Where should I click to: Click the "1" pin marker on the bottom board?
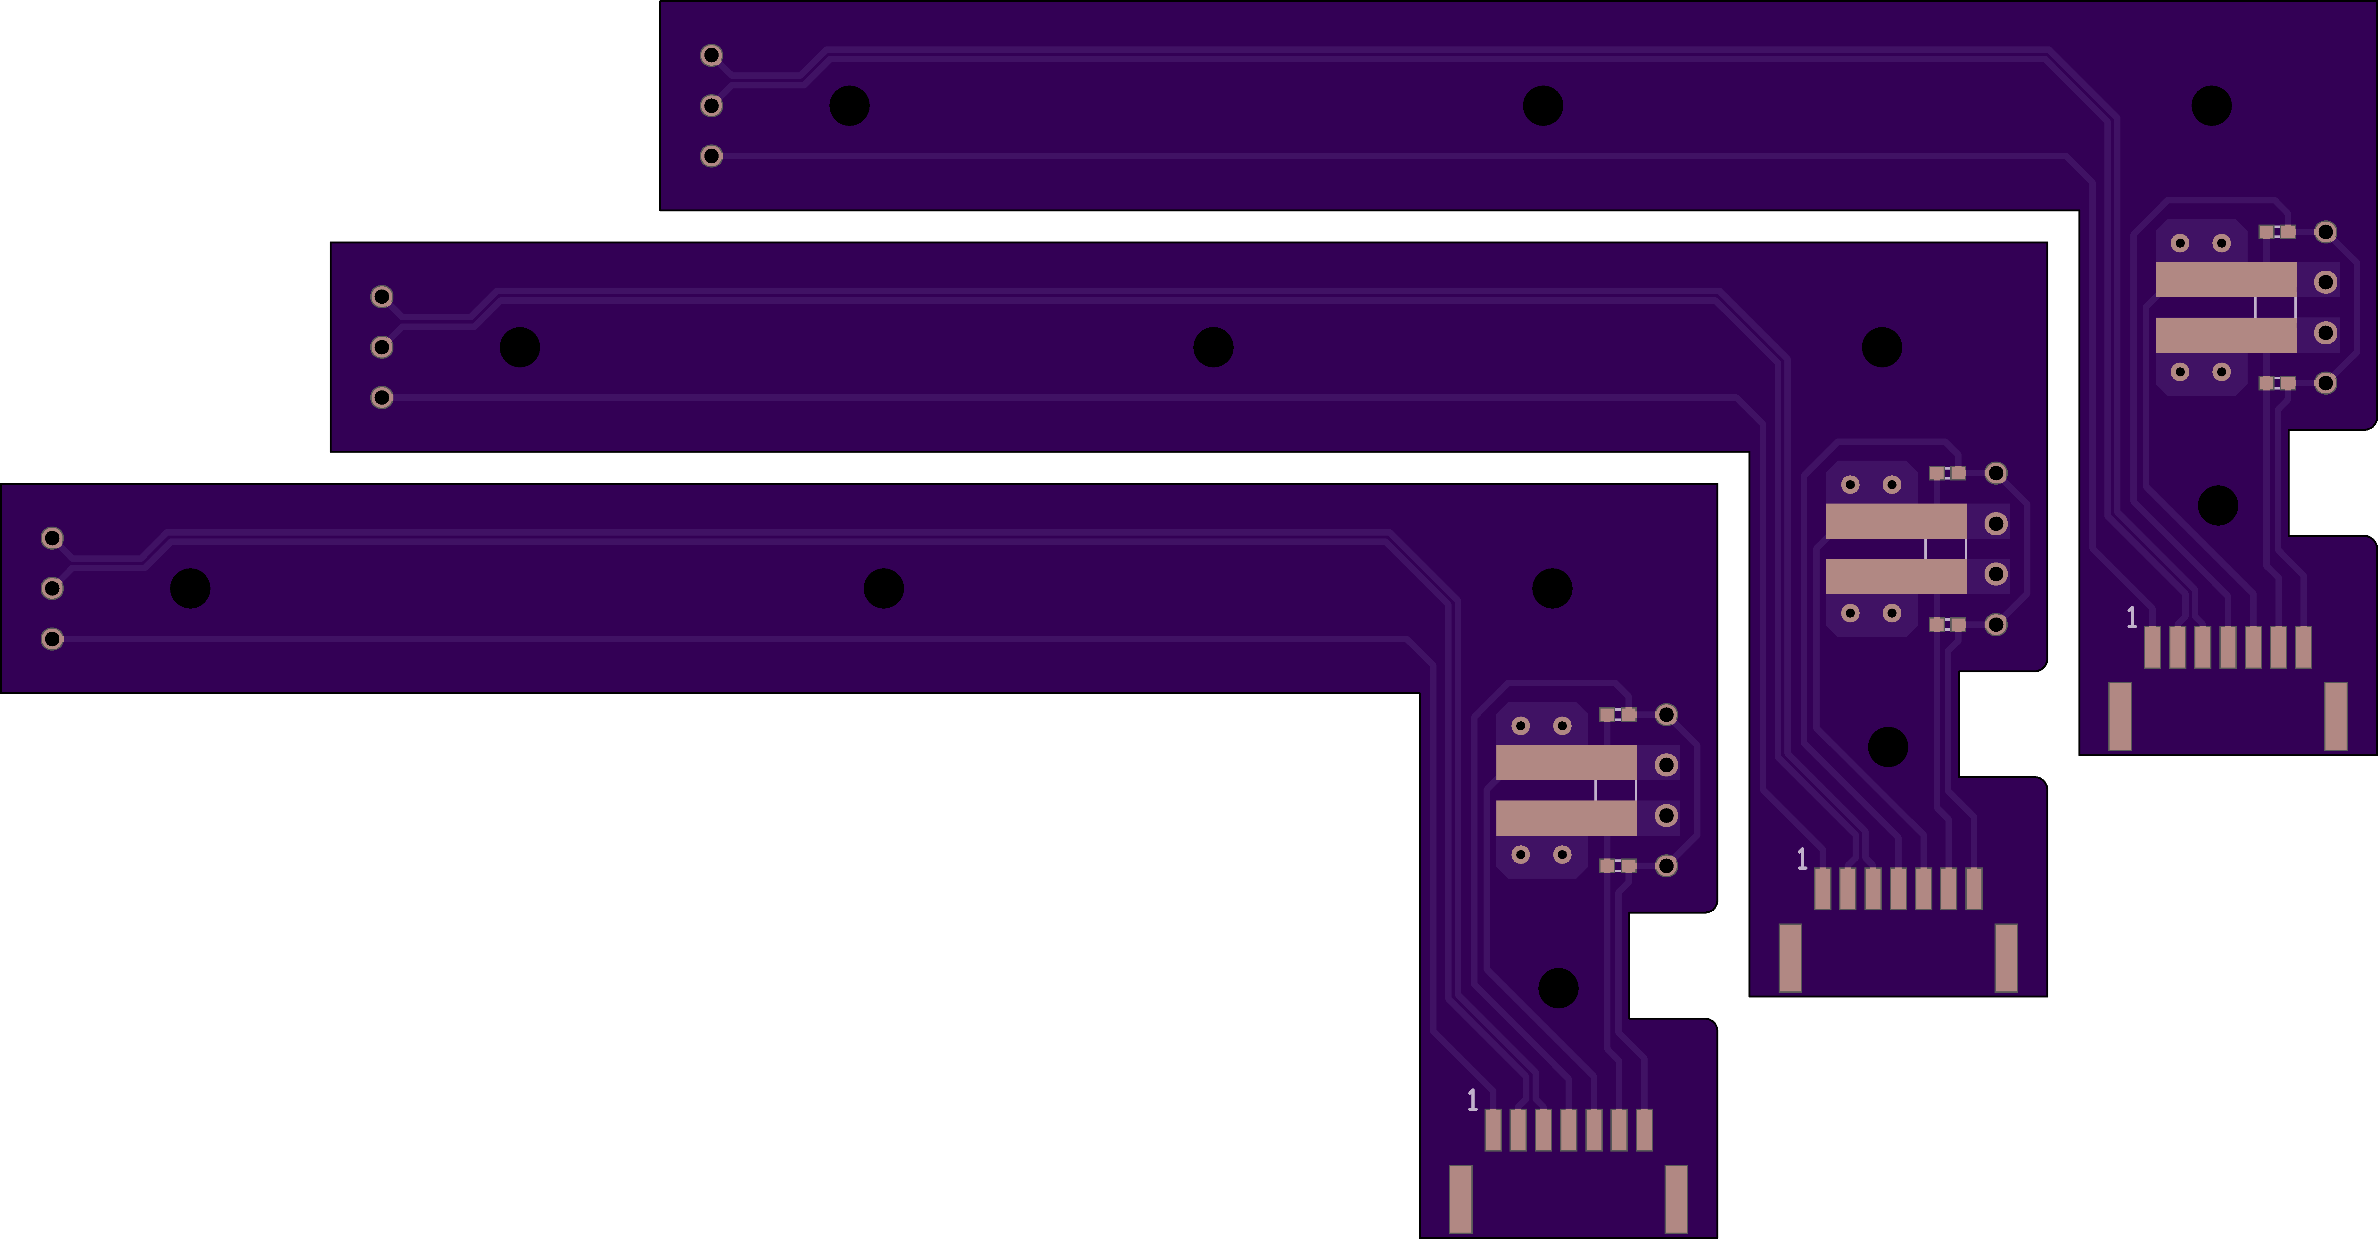1472,1100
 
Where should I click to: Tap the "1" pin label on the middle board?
1802,859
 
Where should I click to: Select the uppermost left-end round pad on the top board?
711,55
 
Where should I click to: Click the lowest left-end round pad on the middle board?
381,397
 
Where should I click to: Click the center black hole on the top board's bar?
1543,105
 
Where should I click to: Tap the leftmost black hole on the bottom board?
190,588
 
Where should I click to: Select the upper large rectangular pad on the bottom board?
1567,763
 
